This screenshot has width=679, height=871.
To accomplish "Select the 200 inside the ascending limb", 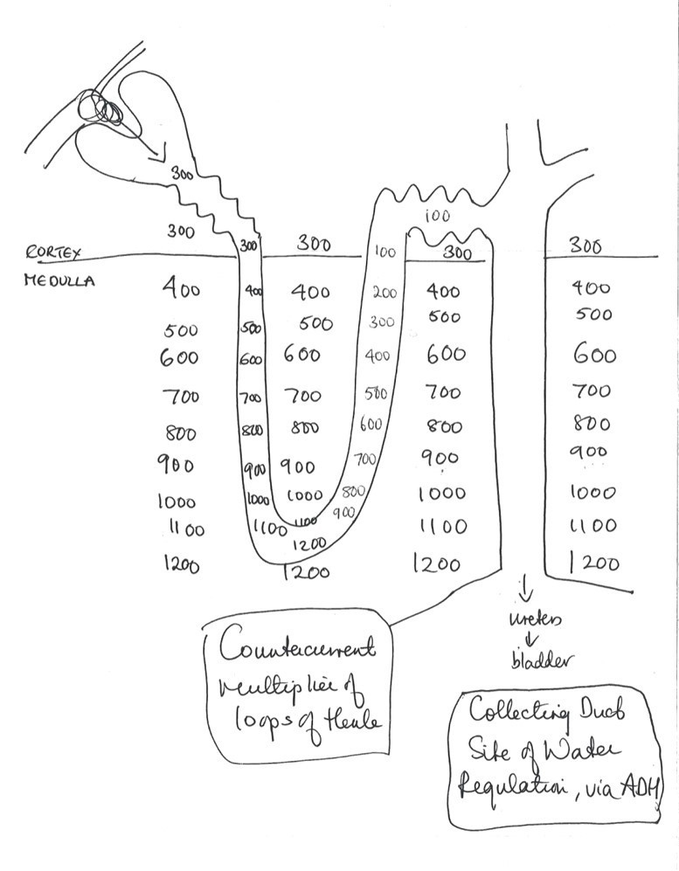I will [x=385, y=293].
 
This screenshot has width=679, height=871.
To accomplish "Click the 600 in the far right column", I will [x=594, y=355].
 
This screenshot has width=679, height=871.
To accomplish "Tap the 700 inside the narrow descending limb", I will [x=251, y=397].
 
